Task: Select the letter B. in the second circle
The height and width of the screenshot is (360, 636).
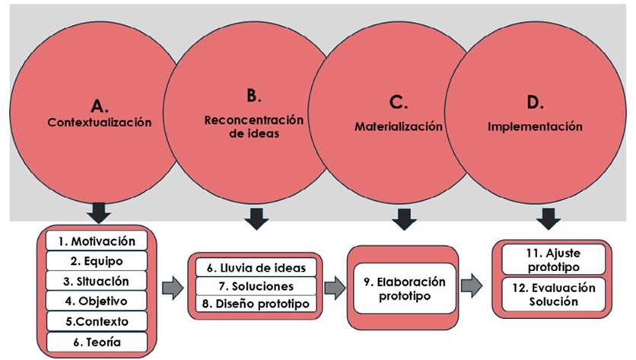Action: [x=253, y=96]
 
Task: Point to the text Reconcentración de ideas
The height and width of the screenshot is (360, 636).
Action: [x=253, y=126]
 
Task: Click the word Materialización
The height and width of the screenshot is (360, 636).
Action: [x=398, y=126]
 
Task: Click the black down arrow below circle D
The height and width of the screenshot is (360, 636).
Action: [x=547, y=219]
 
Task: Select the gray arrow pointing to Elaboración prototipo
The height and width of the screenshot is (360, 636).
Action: [x=333, y=288]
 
